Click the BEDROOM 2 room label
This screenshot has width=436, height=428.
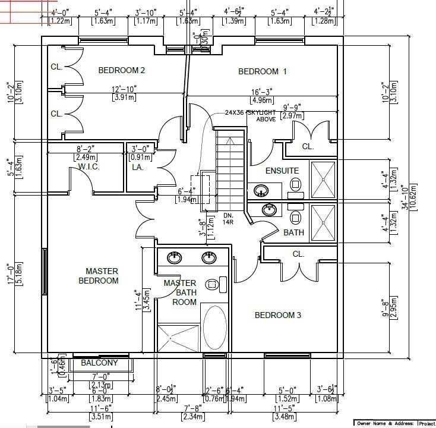pos(122,71)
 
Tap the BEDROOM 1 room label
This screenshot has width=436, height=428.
pos(262,72)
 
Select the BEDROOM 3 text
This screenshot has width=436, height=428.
pos(278,315)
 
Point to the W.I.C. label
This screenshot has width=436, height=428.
pos(89,167)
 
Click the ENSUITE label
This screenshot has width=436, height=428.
pos(282,171)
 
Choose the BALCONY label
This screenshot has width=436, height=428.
pos(99,363)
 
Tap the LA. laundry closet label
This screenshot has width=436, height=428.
pos(137,168)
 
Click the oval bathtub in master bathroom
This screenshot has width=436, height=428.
pos(214,328)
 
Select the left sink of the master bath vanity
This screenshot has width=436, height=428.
pos(174,258)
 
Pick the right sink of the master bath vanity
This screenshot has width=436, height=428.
pos(208,258)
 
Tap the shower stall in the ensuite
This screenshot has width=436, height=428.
pos(324,178)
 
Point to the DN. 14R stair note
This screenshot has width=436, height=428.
pos(229,218)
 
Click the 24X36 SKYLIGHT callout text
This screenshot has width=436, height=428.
pos(250,112)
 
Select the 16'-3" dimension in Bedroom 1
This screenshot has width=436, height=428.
pos(263,92)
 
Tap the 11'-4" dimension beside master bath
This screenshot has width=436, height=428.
pos(138,300)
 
